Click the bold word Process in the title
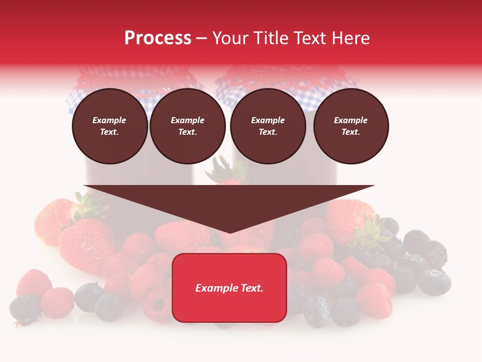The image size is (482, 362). pyautogui.click(x=158, y=38)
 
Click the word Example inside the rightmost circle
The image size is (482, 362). pyautogui.click(x=351, y=120)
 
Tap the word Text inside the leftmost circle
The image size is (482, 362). pyautogui.click(x=109, y=132)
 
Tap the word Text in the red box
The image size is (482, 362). pyautogui.click(x=252, y=288)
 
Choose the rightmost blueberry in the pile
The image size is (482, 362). pyautogui.click(x=434, y=282)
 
